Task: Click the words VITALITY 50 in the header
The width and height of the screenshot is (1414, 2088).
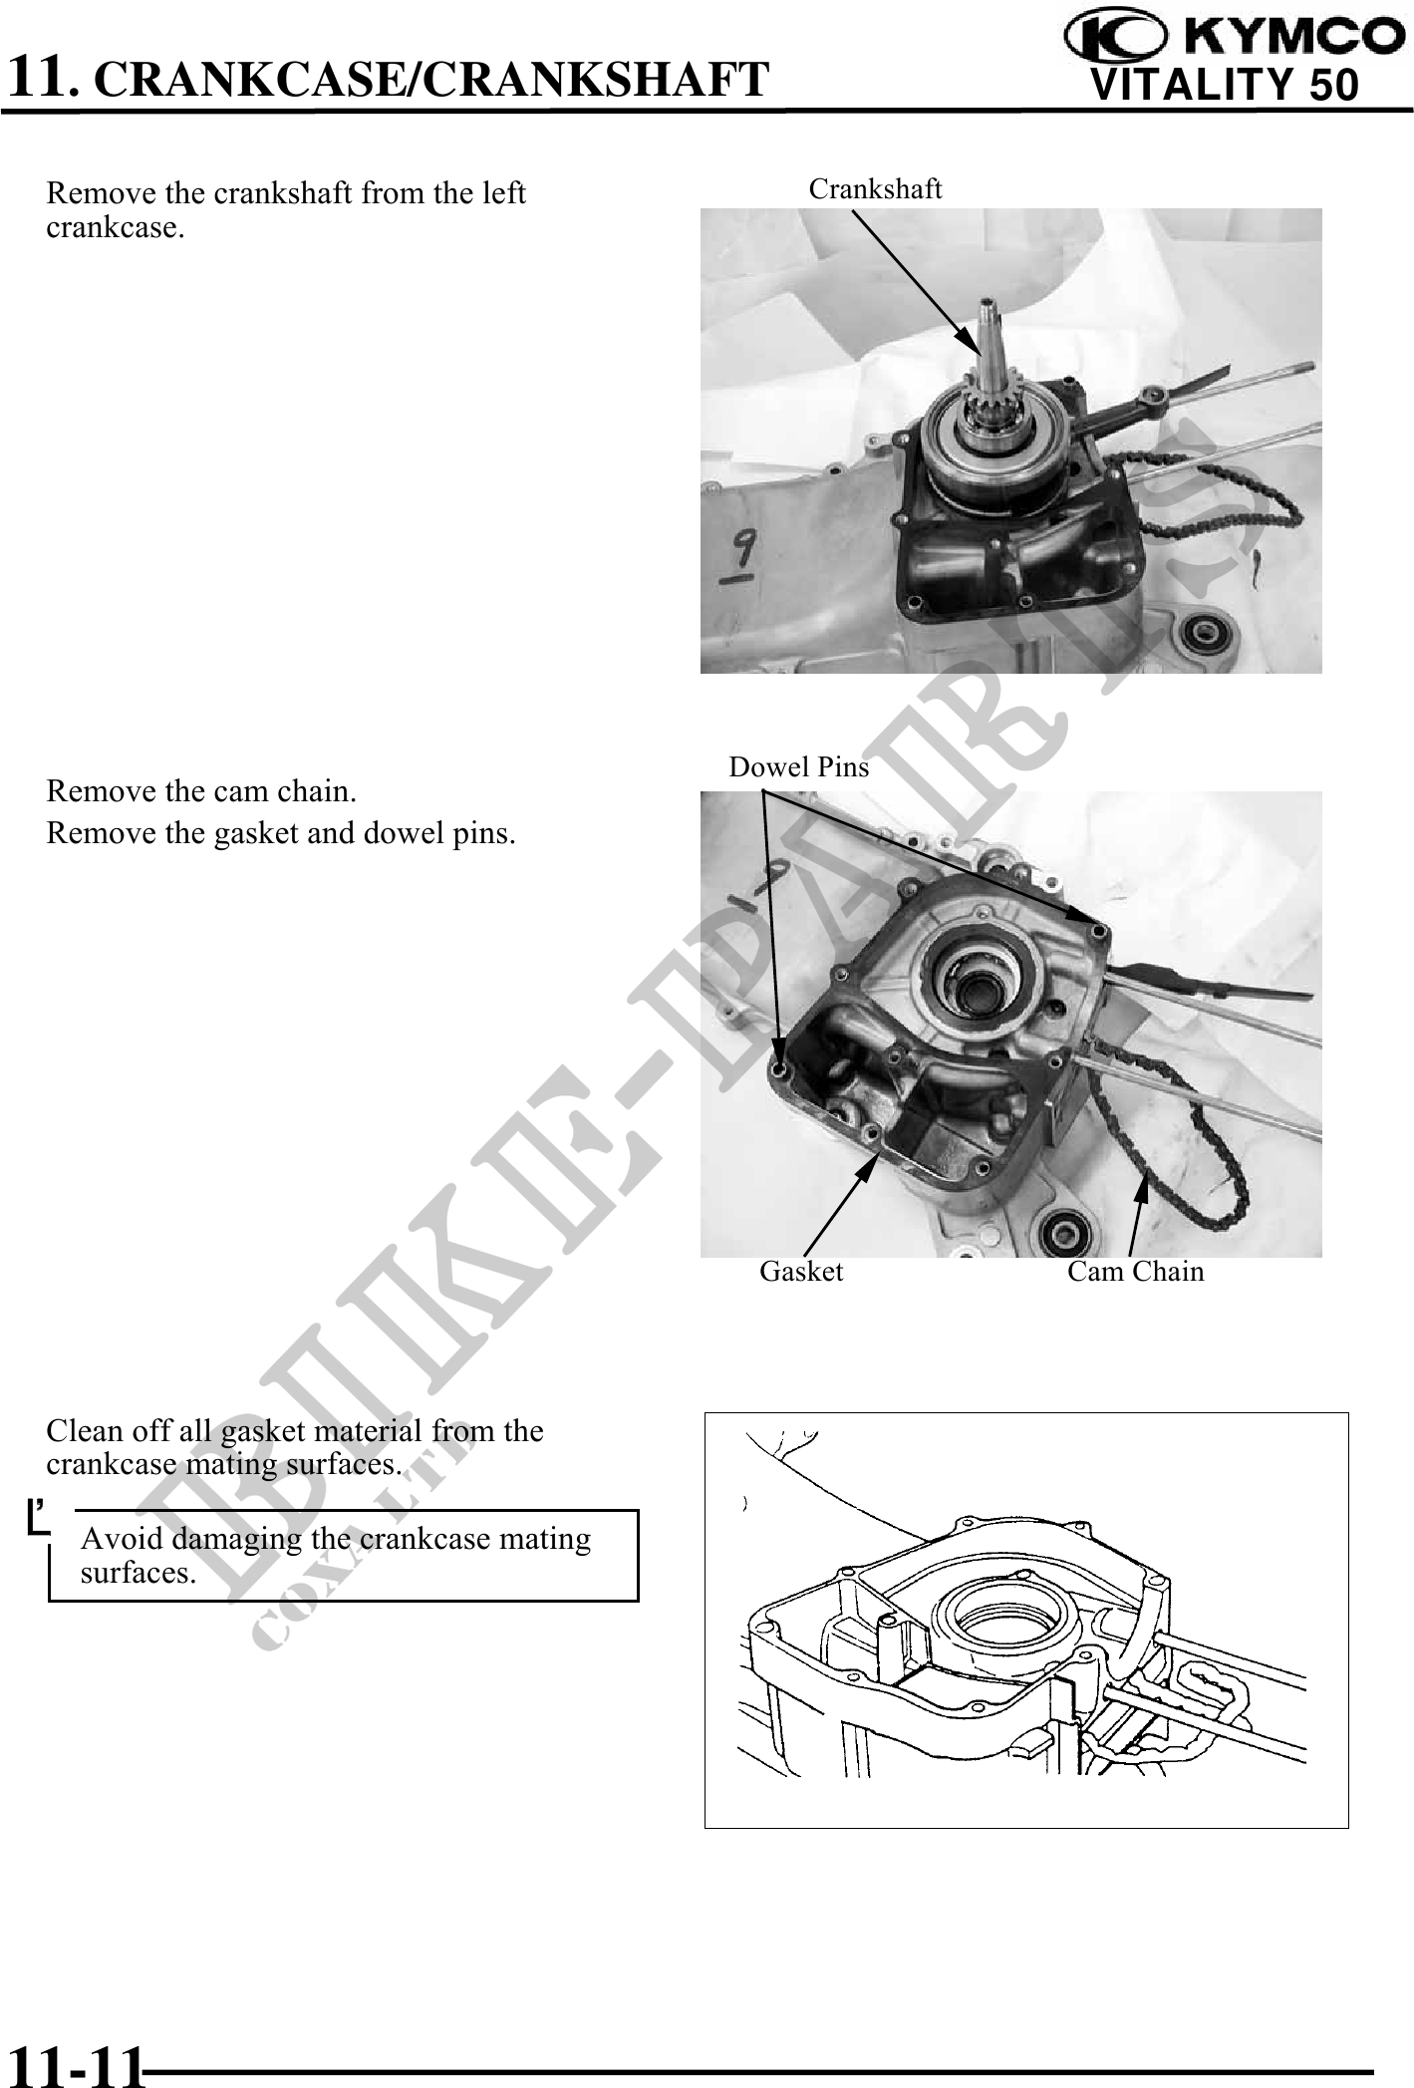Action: pyautogui.click(x=1225, y=86)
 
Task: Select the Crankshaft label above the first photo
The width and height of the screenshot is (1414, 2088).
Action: pyautogui.click(x=875, y=188)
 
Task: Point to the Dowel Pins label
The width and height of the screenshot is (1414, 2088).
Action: pyautogui.click(x=798, y=766)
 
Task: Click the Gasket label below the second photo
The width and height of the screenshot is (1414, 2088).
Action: pyautogui.click(x=801, y=1271)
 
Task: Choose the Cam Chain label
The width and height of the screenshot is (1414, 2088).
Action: pyautogui.click(x=1135, y=1271)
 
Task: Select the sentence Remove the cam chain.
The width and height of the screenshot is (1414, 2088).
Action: pyautogui.click(x=201, y=791)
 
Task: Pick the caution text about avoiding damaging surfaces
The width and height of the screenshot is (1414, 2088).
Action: pyautogui.click(x=335, y=1555)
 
